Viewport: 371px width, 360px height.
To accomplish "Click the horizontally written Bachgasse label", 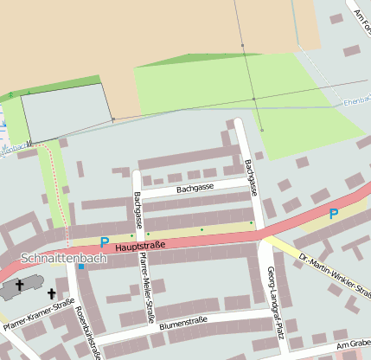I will point(195,188).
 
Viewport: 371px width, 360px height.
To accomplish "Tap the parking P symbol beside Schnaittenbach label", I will point(104,243).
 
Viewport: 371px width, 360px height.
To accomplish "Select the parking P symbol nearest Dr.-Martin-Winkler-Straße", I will point(333,213).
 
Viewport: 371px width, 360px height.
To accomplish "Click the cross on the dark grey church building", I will point(20,284).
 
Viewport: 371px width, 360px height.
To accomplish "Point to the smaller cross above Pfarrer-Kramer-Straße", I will point(51,293).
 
